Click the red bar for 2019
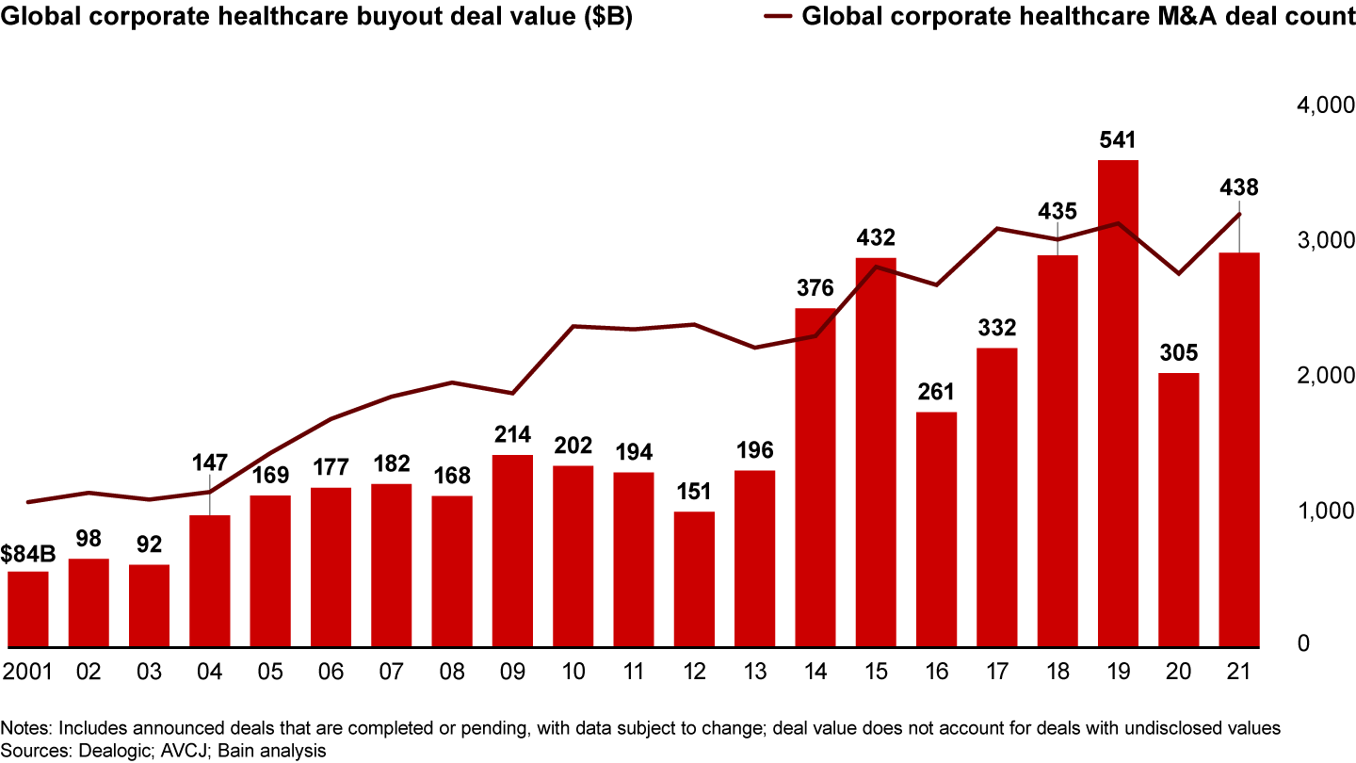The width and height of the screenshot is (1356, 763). coord(1118,405)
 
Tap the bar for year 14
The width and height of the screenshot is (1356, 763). coord(815,479)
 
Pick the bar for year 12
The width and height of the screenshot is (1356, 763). coord(693,580)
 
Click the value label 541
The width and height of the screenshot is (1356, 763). coord(1118,141)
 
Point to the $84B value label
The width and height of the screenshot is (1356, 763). coord(28,554)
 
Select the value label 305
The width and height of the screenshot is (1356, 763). coord(1178,353)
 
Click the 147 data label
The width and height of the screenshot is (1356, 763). coord(209,463)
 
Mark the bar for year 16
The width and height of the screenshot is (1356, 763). coord(936,530)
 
